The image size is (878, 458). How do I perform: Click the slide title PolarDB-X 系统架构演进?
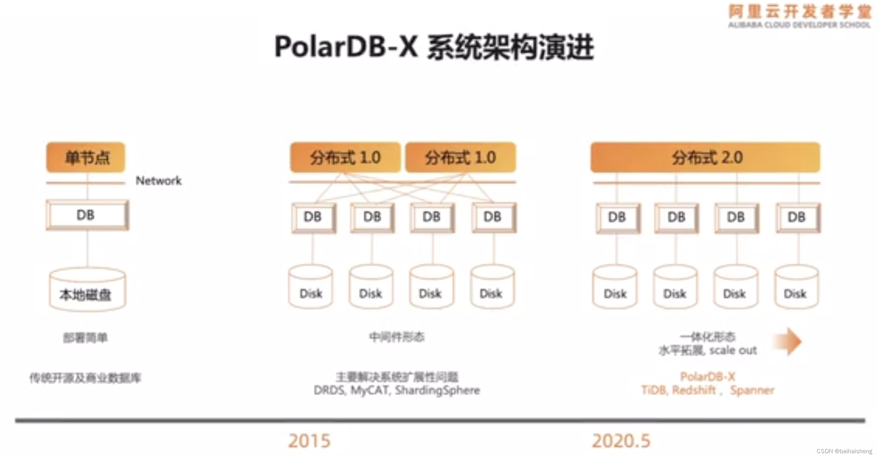pyautogui.click(x=434, y=47)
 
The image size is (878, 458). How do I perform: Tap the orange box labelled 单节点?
pyautogui.click(x=86, y=157)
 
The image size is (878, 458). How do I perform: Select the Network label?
pyautogui.click(x=159, y=180)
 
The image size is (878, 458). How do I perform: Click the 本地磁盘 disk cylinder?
pyautogui.click(x=87, y=290)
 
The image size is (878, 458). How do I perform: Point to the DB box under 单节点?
pyautogui.click(x=87, y=215)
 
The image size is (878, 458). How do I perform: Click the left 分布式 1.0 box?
pyautogui.click(x=345, y=157)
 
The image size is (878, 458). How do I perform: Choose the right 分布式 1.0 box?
pyautogui.click(x=461, y=157)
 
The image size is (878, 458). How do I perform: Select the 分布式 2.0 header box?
pyautogui.click(x=705, y=157)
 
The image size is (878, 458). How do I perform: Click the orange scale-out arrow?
pyautogui.click(x=788, y=341)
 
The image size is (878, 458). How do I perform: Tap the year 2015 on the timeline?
pyautogui.click(x=309, y=441)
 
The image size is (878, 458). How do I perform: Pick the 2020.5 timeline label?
pyautogui.click(x=621, y=441)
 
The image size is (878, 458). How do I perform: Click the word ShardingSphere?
pyautogui.click(x=438, y=390)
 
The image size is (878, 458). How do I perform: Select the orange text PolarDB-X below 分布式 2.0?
pyautogui.click(x=708, y=376)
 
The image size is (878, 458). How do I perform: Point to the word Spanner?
pyautogui.click(x=752, y=390)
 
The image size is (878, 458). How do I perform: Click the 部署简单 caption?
pyautogui.click(x=85, y=337)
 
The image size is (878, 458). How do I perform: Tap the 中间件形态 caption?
pyautogui.click(x=397, y=336)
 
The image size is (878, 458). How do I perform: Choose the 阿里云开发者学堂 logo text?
pyautogui.click(x=800, y=12)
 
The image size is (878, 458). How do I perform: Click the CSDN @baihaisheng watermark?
pyautogui.click(x=844, y=451)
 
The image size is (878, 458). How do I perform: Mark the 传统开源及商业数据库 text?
pyautogui.click(x=85, y=378)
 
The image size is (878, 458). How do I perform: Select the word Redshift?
pyautogui.click(x=694, y=390)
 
